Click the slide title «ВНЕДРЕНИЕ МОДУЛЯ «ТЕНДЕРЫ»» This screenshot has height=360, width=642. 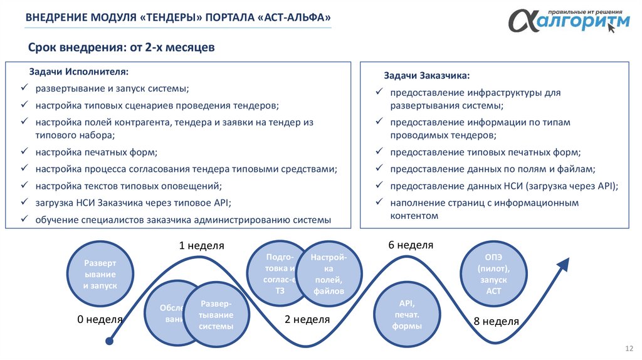(178, 18)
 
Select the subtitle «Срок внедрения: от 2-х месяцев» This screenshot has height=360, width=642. (122, 48)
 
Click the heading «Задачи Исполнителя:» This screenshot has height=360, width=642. (78, 72)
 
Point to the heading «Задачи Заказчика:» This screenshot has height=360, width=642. (426, 76)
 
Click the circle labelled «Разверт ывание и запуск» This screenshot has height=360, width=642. (100, 273)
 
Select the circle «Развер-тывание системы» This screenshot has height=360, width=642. (216, 315)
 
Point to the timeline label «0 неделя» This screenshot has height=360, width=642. (100, 319)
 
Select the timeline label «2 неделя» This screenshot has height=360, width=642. (307, 319)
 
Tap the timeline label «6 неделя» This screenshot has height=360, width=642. (411, 245)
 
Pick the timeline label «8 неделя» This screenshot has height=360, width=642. (497, 322)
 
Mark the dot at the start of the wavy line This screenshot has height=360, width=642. (110, 341)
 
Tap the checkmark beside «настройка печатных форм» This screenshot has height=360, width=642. (24, 152)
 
